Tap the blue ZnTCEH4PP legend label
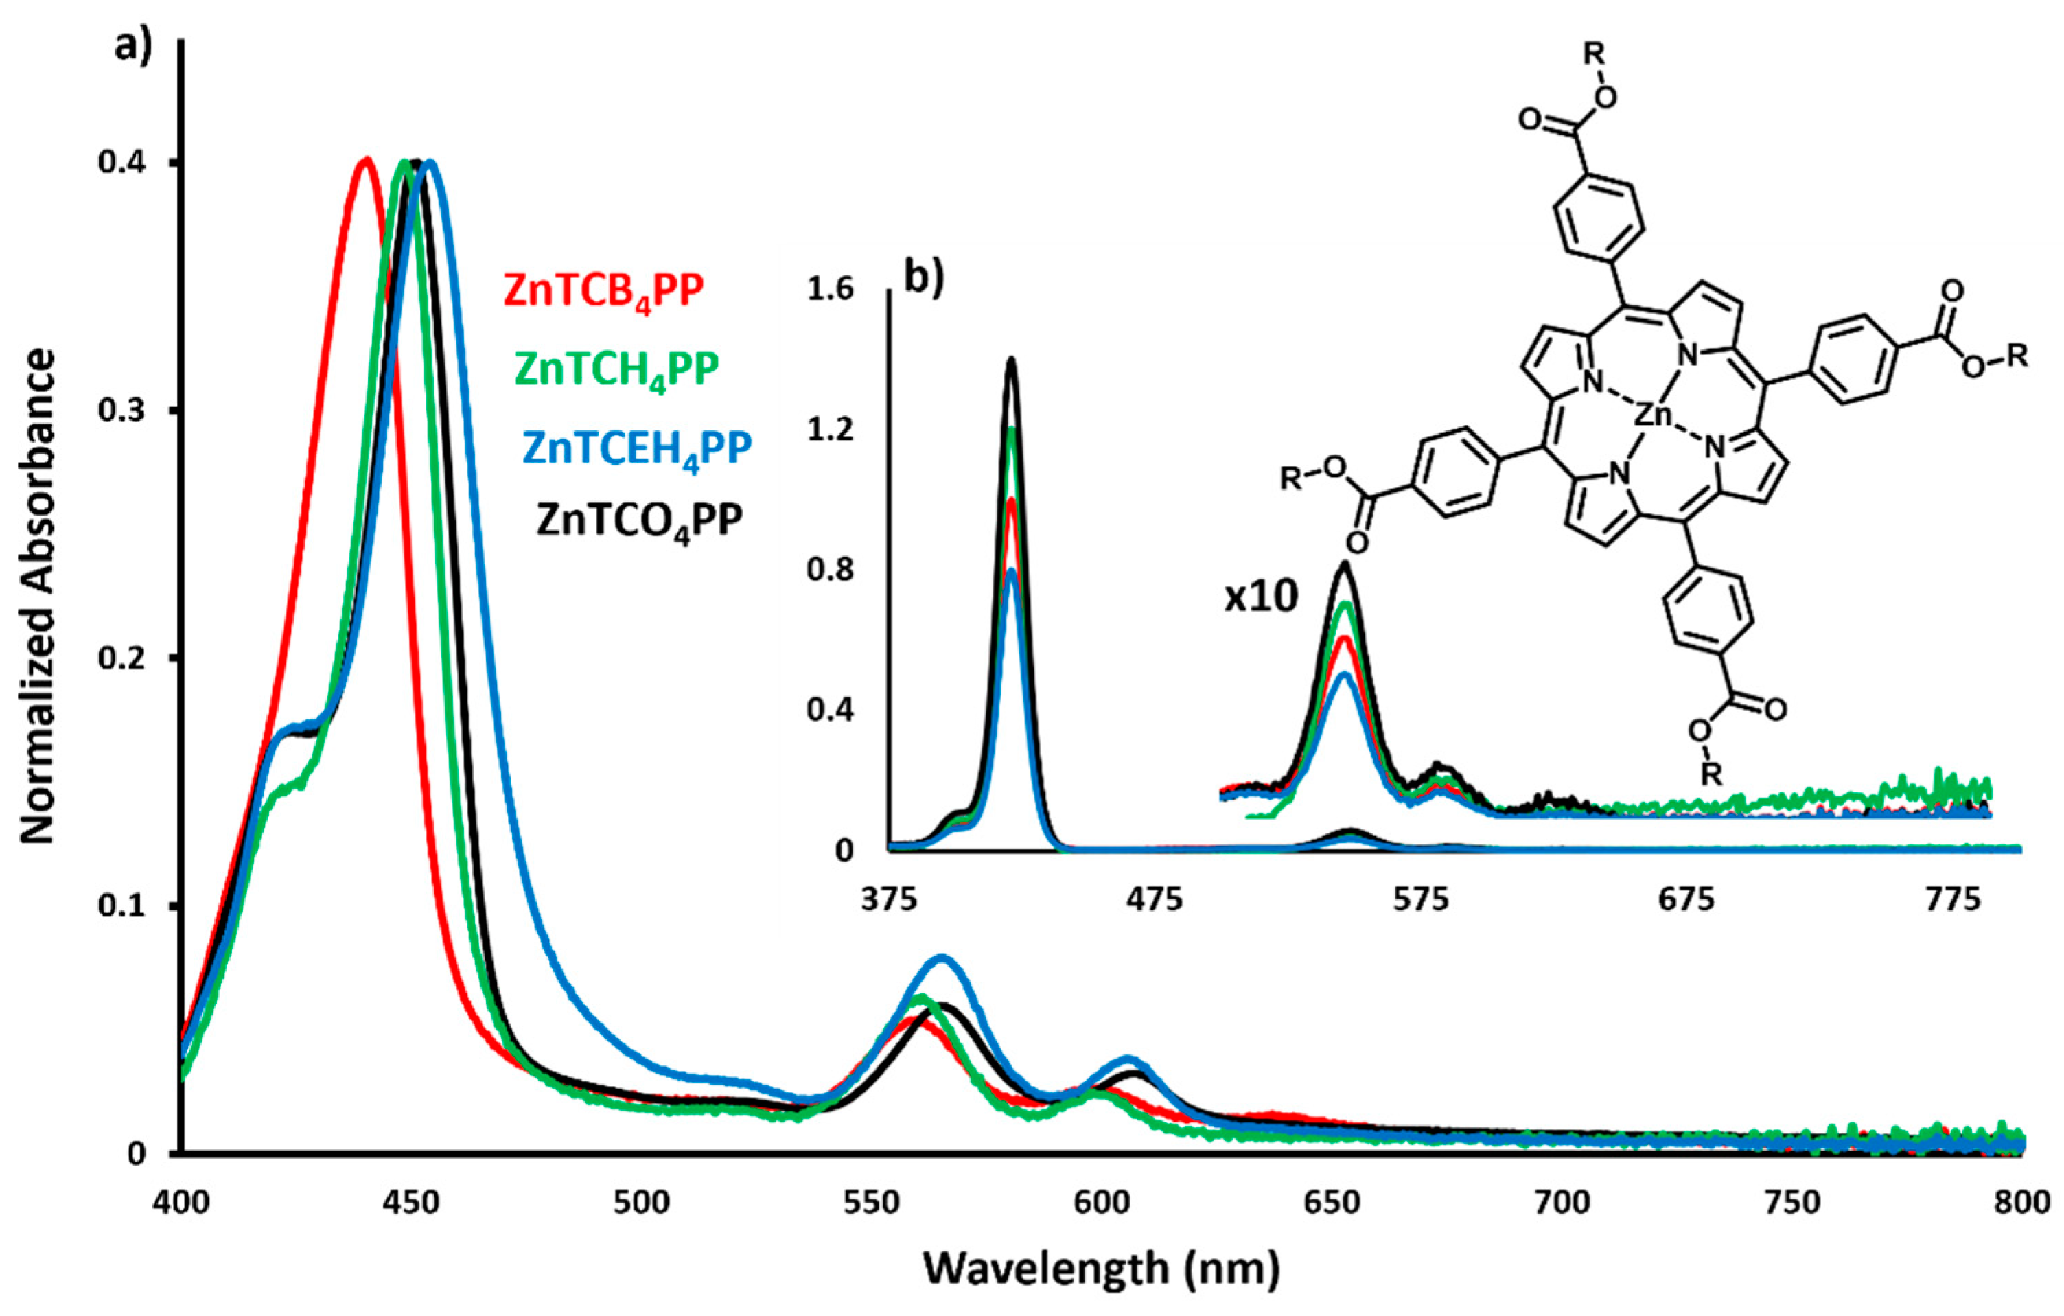pyautogui.click(x=637, y=448)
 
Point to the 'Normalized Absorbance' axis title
pyautogui.click(x=38, y=595)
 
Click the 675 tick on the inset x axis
pyautogui.click(x=1686, y=900)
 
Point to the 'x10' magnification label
pyautogui.click(x=1261, y=597)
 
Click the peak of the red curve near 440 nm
pyautogui.click(x=367, y=159)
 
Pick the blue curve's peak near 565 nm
pyautogui.click(x=942, y=958)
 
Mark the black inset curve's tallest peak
pyautogui.click(x=1012, y=360)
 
